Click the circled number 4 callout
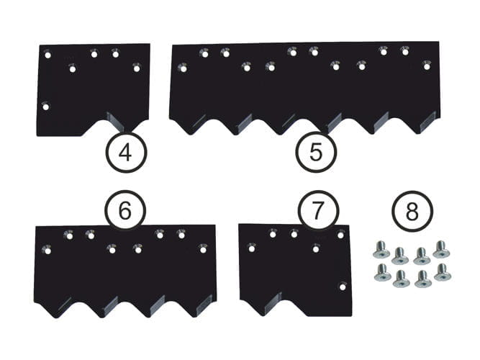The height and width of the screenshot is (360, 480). point(126,152)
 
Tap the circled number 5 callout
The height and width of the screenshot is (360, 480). point(316,152)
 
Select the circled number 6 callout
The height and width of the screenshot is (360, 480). point(125,210)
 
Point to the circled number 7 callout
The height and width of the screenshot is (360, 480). point(318,210)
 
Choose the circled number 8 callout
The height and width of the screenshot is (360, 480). point(412,212)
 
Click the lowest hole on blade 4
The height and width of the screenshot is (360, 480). point(46,107)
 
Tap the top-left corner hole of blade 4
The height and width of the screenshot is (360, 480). point(47,55)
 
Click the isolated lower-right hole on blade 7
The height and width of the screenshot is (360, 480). point(343,287)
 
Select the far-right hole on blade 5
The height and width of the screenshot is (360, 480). point(427,66)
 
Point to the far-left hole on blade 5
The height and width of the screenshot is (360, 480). point(183,69)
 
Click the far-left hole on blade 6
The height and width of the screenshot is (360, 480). point(47,251)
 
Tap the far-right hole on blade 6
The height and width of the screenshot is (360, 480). point(202,250)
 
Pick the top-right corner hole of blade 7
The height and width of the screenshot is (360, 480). point(340,235)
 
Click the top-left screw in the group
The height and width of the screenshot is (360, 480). point(381,250)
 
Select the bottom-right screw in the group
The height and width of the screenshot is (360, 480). point(443,273)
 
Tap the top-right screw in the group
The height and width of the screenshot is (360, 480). point(441,249)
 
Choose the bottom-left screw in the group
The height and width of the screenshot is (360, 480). point(382,273)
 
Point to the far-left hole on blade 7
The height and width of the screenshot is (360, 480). point(251,249)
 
